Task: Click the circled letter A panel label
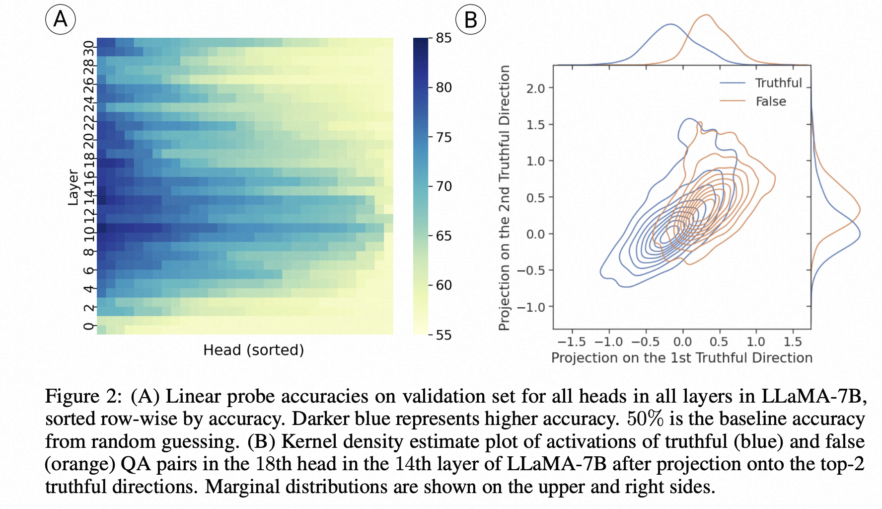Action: (x=61, y=19)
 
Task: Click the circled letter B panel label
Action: (x=470, y=20)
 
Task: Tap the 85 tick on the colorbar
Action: (x=443, y=38)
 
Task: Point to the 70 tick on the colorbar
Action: (x=443, y=186)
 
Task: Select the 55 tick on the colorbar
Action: (x=443, y=335)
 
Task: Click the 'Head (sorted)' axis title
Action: (x=253, y=350)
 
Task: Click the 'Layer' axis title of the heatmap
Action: (x=73, y=187)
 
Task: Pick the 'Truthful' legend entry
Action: (x=778, y=83)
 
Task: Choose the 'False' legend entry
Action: (x=771, y=101)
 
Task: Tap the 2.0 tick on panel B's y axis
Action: (x=535, y=88)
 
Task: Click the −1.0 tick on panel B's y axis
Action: (x=531, y=307)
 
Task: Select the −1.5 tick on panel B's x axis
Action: (x=572, y=342)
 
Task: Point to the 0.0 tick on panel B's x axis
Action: (x=682, y=342)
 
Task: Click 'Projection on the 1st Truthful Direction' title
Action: (x=682, y=358)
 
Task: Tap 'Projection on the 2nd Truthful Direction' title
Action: (x=505, y=198)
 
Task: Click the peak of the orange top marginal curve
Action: (x=706, y=15)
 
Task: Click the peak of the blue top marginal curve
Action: (x=670, y=24)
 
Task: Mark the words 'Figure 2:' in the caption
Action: (x=83, y=396)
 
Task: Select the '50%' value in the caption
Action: (x=645, y=419)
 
